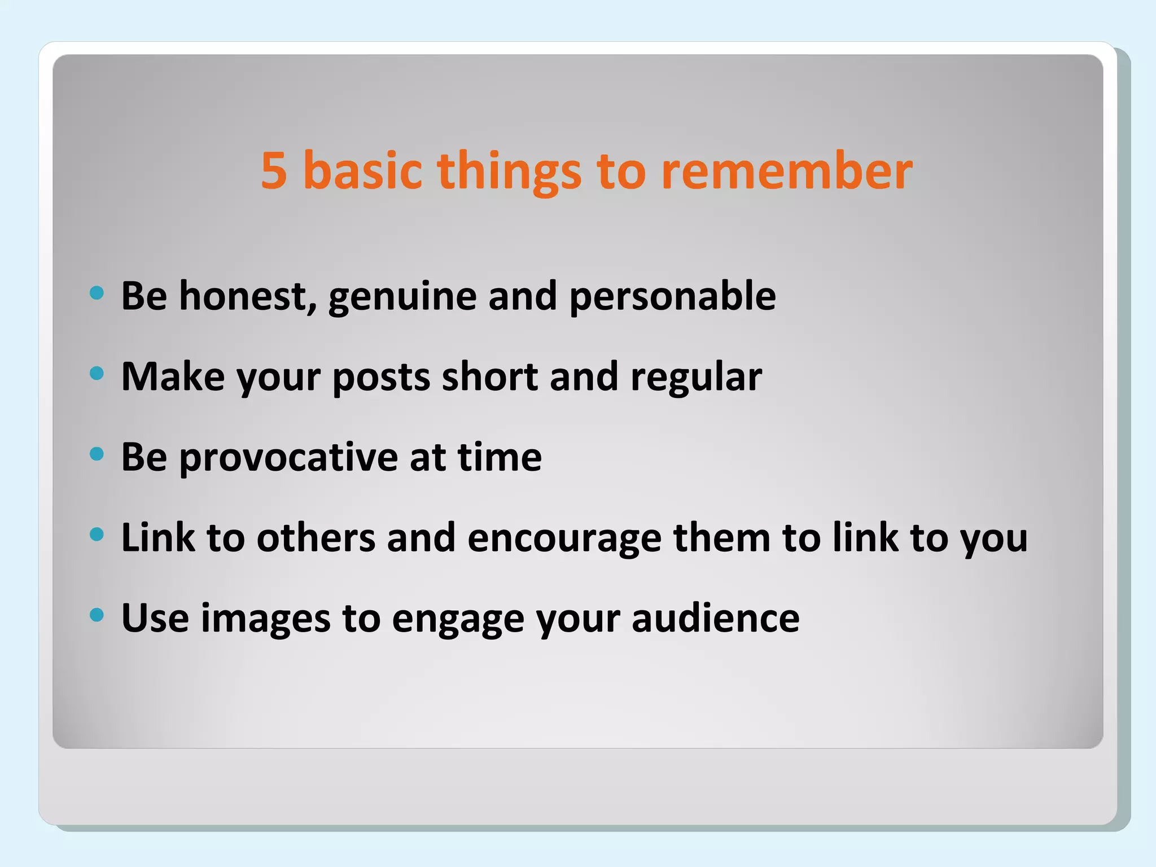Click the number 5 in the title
coord(274,171)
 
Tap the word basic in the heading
coord(362,171)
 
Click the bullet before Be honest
coord(97,292)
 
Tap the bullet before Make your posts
coord(97,373)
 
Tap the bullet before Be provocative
coord(97,454)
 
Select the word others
coord(316,537)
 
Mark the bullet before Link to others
coord(97,534)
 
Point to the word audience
coord(715,618)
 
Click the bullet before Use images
coord(97,615)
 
